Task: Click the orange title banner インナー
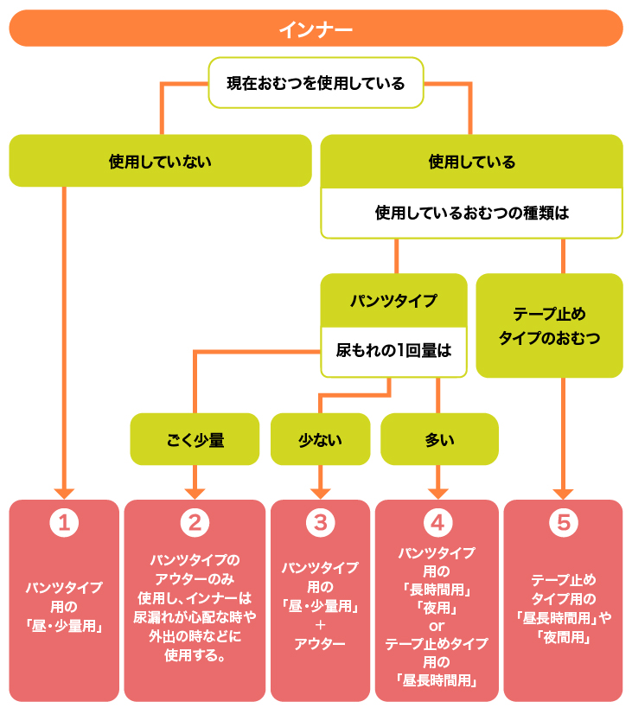316,29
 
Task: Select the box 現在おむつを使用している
316,84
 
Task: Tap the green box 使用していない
160,161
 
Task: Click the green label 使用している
471,162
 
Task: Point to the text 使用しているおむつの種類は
471,213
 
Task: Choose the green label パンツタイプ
393,301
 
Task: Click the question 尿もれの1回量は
393,351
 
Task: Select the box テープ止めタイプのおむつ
549,326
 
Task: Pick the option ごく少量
195,439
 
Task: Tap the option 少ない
320,439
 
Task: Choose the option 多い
439,439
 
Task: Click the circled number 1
64,522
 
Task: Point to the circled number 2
195,522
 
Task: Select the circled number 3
320,522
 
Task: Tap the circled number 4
437,522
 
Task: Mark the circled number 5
563,522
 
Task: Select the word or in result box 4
437,625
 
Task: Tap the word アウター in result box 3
320,644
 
